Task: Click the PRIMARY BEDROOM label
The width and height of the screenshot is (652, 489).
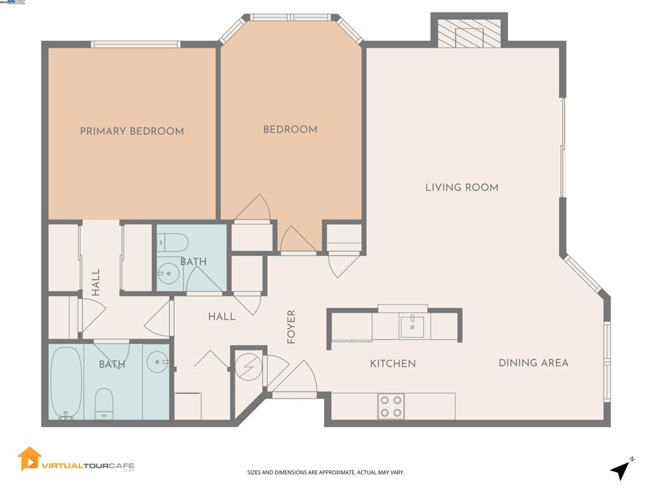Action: pos(132,131)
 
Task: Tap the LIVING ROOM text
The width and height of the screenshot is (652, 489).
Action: pos(462,187)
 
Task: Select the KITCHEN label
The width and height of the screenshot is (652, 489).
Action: pos(393,364)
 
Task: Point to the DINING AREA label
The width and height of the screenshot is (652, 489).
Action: pos(533,363)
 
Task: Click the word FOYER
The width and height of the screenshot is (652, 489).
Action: pos(292,327)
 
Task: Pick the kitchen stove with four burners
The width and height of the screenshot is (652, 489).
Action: pos(391,406)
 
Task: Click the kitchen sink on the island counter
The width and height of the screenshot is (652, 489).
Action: pos(413,327)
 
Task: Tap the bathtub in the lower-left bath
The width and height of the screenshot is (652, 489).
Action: pos(66,383)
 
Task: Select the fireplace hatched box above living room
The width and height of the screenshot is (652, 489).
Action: pos(469,31)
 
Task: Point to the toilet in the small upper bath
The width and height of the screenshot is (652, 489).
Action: pos(173,242)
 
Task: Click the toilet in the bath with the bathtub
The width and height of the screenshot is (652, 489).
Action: pos(104,404)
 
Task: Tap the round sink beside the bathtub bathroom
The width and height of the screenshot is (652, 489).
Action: pos(157,362)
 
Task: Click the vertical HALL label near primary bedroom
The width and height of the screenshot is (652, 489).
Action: pos(96,282)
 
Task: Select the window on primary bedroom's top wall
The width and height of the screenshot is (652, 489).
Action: pos(135,44)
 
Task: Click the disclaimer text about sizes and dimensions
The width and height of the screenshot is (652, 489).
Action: pos(325,472)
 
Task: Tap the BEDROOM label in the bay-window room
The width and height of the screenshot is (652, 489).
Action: pos(290,129)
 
